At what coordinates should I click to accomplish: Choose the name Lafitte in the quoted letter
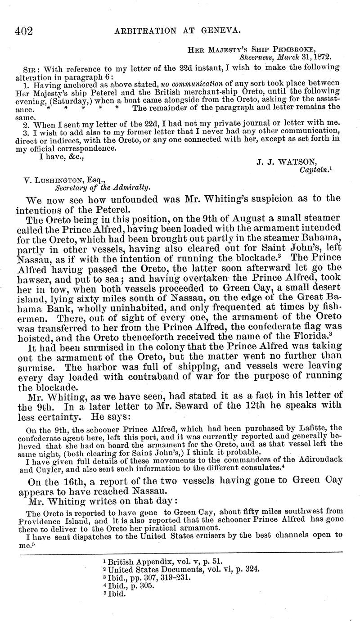point(312,428)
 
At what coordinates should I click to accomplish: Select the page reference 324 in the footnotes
point(252,570)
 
